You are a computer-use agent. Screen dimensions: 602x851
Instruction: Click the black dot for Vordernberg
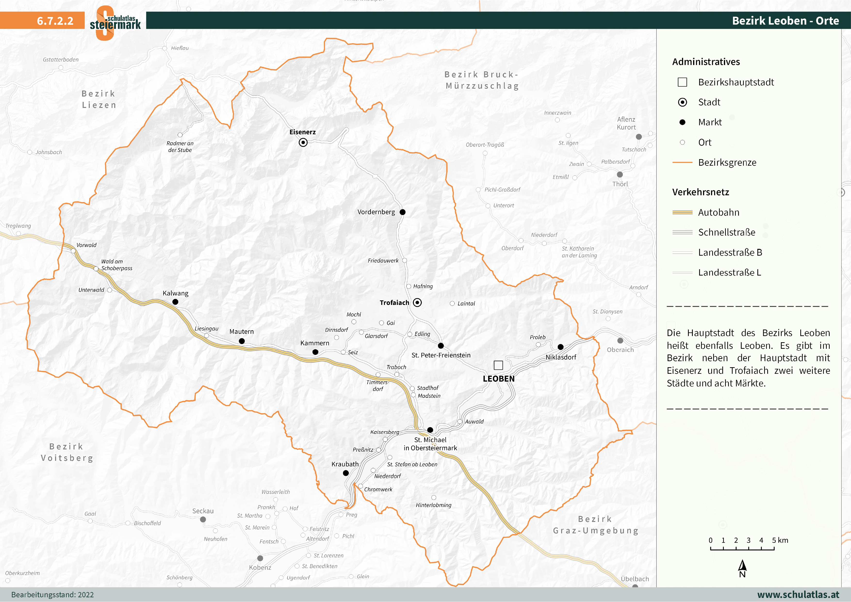click(x=402, y=212)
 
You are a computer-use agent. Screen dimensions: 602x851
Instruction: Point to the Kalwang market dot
click(x=175, y=302)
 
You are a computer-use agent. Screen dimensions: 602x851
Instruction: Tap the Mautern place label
click(x=241, y=331)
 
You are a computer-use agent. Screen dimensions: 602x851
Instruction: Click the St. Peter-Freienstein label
click(x=441, y=355)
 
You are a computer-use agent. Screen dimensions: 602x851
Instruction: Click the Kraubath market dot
click(x=346, y=473)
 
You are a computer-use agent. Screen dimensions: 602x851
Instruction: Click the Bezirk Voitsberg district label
click(x=67, y=452)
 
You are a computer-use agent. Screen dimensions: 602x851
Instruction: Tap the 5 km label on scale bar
click(x=780, y=540)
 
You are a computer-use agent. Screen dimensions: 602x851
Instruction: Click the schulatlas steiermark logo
click(x=115, y=22)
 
